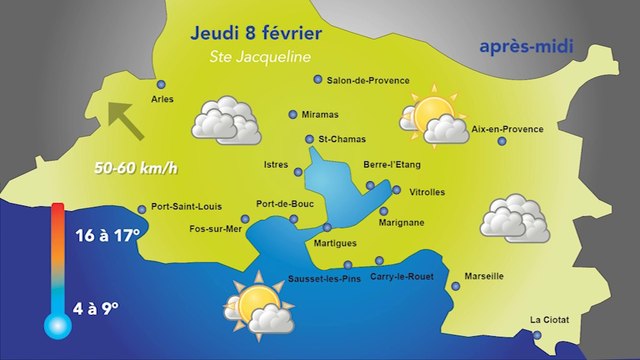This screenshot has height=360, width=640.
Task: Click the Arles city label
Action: (161, 100)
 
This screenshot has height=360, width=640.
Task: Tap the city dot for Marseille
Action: (456, 286)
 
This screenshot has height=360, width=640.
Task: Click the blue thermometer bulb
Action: (54, 323)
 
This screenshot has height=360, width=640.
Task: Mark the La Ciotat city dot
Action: (536, 335)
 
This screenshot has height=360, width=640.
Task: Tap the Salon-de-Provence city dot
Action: (318, 79)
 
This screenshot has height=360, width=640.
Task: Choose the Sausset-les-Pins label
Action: (322, 277)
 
